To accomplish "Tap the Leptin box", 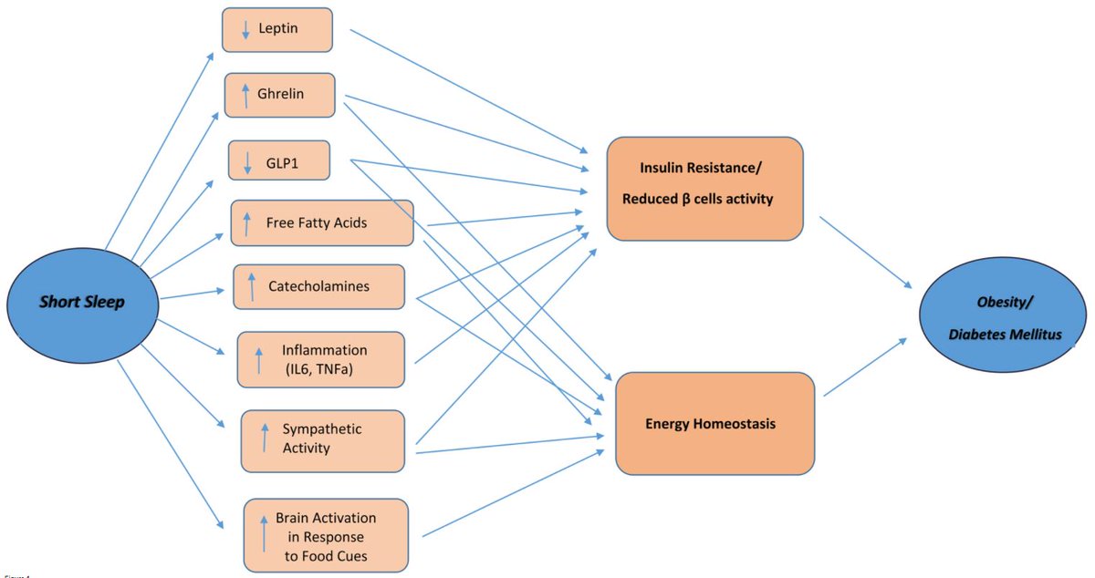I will coord(276,29).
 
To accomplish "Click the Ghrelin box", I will coord(280,94).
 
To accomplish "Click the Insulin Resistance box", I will coord(704,188).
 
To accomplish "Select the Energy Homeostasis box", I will coord(714,423).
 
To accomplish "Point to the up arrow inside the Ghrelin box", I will coord(245,95).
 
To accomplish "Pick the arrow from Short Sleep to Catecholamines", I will coord(193,294).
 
